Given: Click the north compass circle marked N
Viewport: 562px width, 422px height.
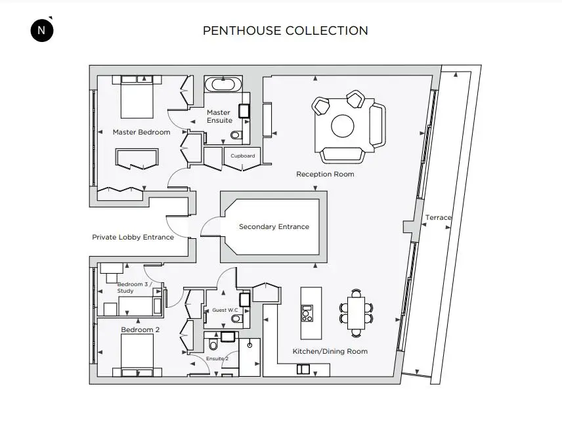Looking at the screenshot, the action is [42, 30].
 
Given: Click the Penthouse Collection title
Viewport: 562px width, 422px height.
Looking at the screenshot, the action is [286, 31].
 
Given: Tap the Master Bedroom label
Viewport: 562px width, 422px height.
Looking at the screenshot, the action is [141, 132].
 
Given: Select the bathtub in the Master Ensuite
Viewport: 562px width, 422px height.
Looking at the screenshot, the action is [223, 85].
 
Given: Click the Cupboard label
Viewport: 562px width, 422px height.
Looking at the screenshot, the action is [243, 156].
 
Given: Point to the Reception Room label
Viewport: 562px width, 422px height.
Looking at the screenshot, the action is [325, 175].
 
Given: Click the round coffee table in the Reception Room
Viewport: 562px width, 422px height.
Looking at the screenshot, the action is [343, 126].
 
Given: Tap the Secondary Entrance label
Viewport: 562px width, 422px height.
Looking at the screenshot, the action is [274, 227].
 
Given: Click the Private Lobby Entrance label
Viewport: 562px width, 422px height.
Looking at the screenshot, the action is [133, 237].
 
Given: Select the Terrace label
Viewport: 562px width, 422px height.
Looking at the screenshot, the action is [438, 217].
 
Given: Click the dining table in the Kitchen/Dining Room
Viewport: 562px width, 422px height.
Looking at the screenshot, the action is [356, 313].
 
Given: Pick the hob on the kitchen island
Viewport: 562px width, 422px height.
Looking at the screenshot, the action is [307, 314].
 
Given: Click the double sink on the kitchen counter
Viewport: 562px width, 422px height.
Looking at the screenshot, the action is [303, 369].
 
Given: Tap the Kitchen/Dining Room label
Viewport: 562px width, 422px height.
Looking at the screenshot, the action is [330, 351].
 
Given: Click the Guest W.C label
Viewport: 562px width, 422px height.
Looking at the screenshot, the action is [225, 310].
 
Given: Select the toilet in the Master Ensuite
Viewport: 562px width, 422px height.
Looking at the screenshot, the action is [236, 135].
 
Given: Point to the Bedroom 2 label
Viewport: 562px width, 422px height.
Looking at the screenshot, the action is [140, 329].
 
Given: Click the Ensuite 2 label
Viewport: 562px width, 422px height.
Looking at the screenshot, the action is [217, 358].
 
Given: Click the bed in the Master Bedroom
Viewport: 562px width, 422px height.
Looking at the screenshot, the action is [137, 96].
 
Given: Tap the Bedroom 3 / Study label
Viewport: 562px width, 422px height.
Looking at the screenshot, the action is [135, 287].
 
